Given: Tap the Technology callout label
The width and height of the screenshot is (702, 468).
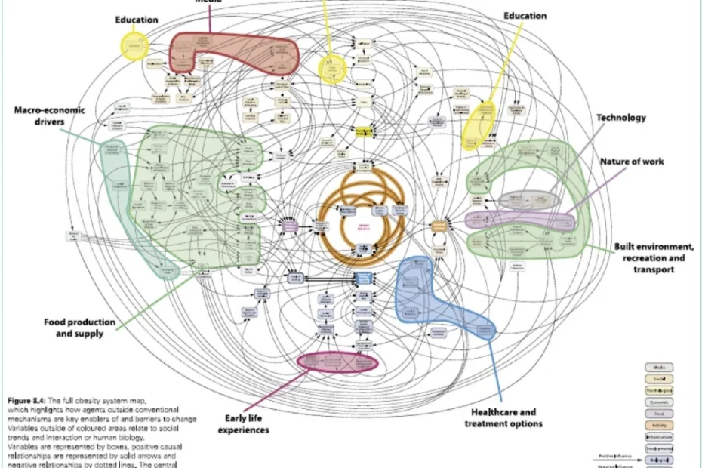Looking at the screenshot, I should point(621,118).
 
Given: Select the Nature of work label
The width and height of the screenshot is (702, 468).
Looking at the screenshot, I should point(632,162).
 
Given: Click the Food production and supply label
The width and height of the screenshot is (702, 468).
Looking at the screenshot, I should point(79,328).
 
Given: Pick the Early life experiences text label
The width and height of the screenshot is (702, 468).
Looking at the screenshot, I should point(243,423).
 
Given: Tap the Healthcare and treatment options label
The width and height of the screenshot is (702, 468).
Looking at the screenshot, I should point(503,417).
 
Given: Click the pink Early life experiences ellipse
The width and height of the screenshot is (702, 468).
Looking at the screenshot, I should point(337,361).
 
